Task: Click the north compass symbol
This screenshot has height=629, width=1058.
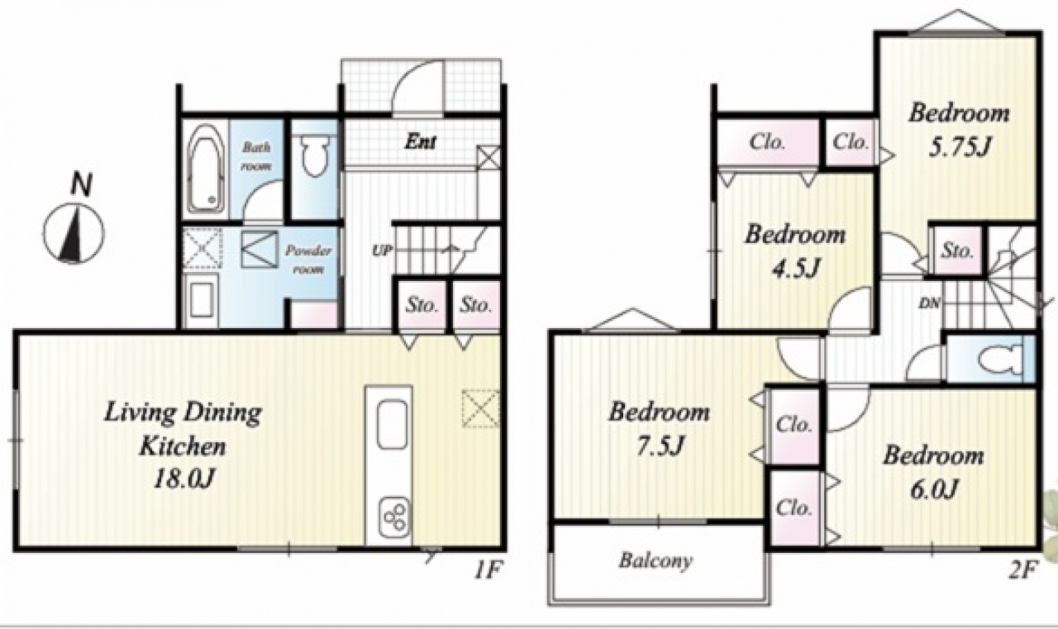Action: (x=74, y=233)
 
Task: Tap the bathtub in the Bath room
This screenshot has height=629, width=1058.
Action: (x=206, y=169)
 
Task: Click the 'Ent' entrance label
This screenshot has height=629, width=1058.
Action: (x=421, y=141)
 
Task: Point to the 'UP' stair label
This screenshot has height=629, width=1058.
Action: (x=382, y=250)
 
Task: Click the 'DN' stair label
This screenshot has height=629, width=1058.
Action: (x=930, y=303)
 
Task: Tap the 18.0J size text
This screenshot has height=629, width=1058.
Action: (x=184, y=479)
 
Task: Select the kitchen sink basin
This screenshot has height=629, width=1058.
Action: (x=393, y=425)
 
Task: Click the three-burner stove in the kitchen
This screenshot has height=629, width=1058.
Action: (x=394, y=518)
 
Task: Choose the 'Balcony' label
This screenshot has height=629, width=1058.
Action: (x=656, y=561)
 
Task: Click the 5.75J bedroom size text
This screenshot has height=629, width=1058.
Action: (x=959, y=148)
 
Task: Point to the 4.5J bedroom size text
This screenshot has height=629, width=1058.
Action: (x=795, y=269)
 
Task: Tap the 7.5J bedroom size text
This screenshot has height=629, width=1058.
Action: (x=660, y=446)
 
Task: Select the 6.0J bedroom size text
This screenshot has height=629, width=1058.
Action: (x=933, y=489)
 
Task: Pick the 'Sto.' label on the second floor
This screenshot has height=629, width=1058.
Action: (x=957, y=250)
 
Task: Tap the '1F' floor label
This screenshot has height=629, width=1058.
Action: (x=488, y=571)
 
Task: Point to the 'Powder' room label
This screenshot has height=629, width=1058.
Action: (x=308, y=250)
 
